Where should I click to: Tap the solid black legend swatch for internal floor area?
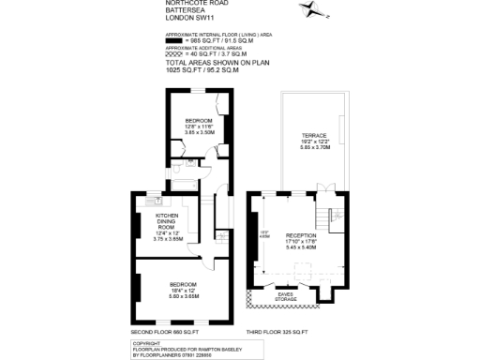point(174,42)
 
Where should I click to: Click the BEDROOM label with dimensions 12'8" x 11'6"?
point(199,121)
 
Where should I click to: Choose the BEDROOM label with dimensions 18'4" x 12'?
point(182,284)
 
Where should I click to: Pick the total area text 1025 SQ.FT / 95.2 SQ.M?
point(202,70)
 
